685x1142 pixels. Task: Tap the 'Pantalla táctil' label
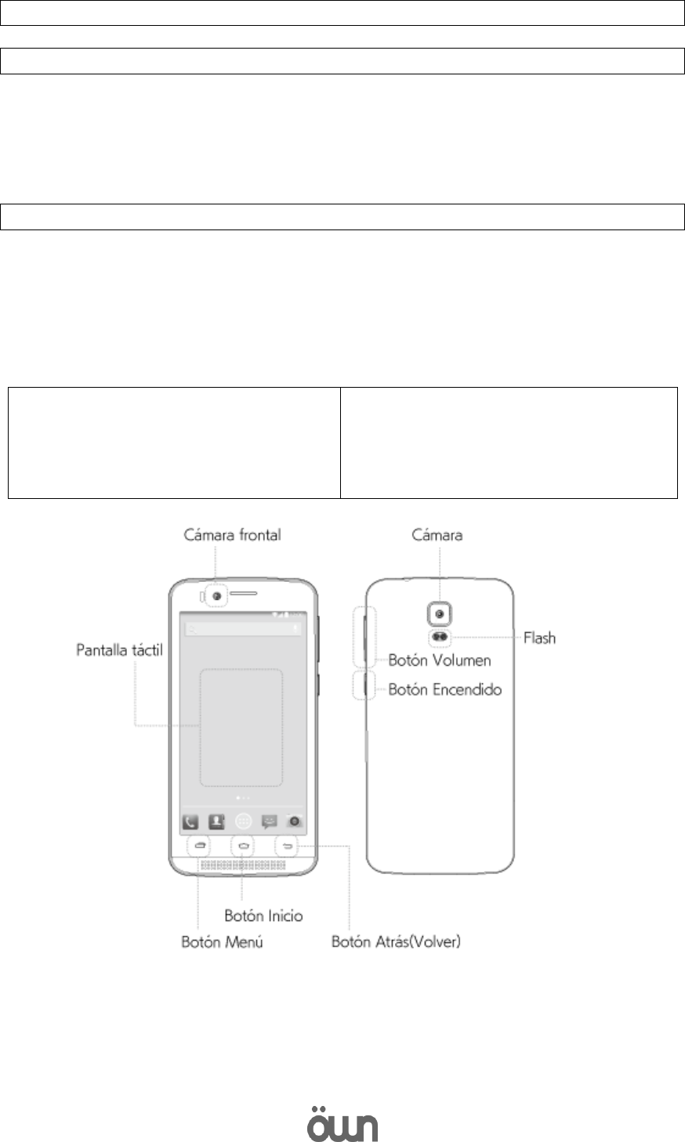click(120, 650)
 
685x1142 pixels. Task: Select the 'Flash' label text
click(539, 638)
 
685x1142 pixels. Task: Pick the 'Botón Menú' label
click(217, 942)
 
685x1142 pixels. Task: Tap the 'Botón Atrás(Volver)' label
click(397, 942)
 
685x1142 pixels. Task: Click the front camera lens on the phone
click(216, 596)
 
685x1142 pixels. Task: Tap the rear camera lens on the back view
click(440, 613)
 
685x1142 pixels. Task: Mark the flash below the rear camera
click(440, 637)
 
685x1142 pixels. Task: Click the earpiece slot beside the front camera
click(246, 596)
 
